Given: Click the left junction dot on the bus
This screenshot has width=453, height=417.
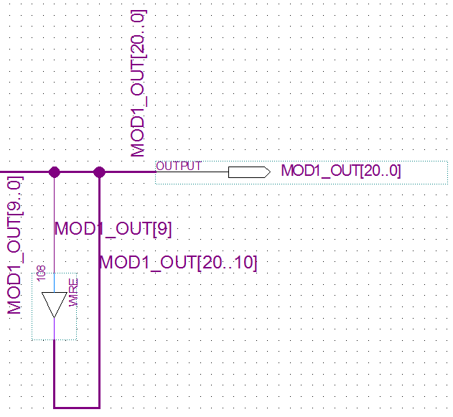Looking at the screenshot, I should [x=54, y=172].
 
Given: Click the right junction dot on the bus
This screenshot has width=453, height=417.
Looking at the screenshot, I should [x=99, y=172].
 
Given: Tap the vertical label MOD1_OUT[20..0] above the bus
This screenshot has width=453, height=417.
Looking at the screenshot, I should [x=139, y=83].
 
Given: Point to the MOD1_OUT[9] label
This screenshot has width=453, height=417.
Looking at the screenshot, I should [x=113, y=229].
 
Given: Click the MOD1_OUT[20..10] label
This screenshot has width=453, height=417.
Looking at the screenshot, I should [x=178, y=263].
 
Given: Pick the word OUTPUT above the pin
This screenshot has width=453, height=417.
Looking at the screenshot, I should [x=179, y=166].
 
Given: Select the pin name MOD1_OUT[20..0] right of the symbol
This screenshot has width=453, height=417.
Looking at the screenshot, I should [x=341, y=172].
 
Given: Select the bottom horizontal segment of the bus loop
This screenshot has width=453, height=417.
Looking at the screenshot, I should [x=77, y=406].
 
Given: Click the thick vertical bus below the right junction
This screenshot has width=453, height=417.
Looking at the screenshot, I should [x=99, y=323].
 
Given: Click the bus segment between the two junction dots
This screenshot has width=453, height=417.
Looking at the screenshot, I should [x=77, y=172].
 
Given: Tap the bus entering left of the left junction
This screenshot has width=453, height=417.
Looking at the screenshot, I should [x=25, y=172].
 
